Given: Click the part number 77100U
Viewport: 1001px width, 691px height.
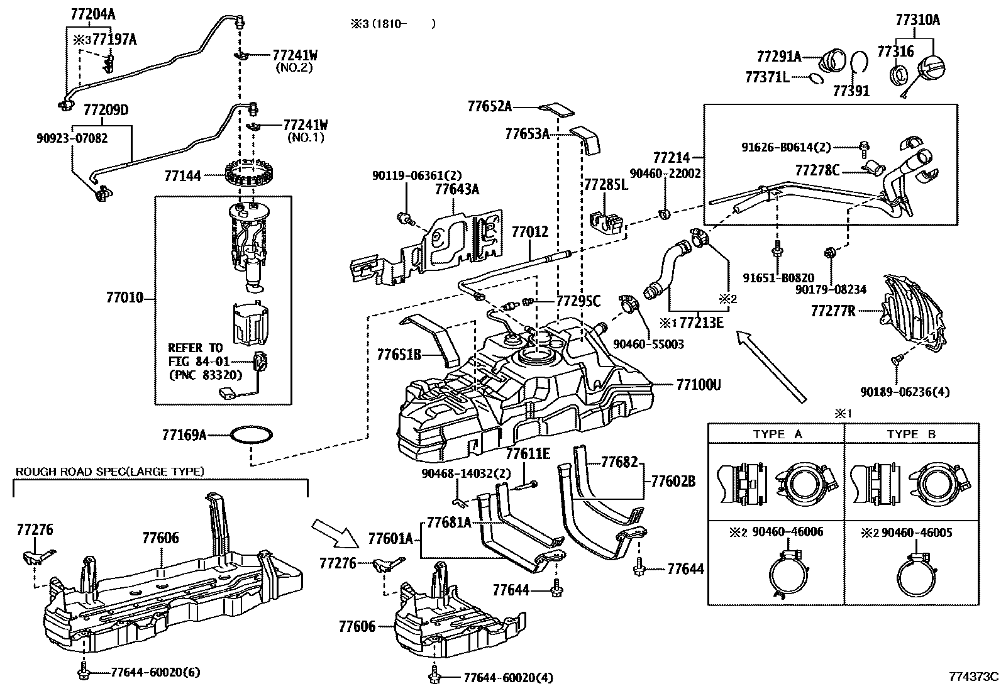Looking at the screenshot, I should point(699,384).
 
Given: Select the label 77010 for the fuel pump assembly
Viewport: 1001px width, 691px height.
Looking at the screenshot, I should point(124,297).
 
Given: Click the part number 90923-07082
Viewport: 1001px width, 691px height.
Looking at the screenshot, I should point(71,138).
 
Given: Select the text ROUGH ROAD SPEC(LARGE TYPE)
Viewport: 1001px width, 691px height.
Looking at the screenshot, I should point(110,471).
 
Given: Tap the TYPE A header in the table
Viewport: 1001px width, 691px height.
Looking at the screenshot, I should point(778,434).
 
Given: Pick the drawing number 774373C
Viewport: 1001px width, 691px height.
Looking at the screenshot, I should point(973,677).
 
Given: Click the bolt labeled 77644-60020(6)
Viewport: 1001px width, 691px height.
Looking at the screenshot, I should point(82,673).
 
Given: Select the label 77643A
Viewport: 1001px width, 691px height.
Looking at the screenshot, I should point(457,189).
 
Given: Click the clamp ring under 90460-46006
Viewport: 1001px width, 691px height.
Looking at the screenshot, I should point(788,573).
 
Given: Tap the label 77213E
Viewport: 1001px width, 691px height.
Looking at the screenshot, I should point(702,323).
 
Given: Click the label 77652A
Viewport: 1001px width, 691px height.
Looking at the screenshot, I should point(489,106).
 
